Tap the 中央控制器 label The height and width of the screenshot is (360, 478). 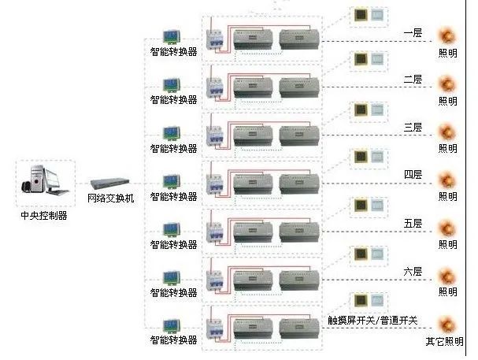coord(43,215)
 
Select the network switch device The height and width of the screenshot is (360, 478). coord(109,183)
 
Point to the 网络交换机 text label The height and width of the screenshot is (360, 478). coord(110,199)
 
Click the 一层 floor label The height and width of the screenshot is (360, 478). coord(413,33)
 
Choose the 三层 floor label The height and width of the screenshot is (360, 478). coord(413,128)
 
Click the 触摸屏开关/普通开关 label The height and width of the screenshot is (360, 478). coord(372,321)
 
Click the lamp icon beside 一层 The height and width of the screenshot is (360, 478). coord(447,35)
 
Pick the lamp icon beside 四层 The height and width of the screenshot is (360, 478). coord(447,180)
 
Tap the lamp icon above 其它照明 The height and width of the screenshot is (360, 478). coord(447,324)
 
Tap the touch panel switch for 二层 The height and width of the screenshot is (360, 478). coord(361,59)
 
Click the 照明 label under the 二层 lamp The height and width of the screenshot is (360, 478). coord(447,101)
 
